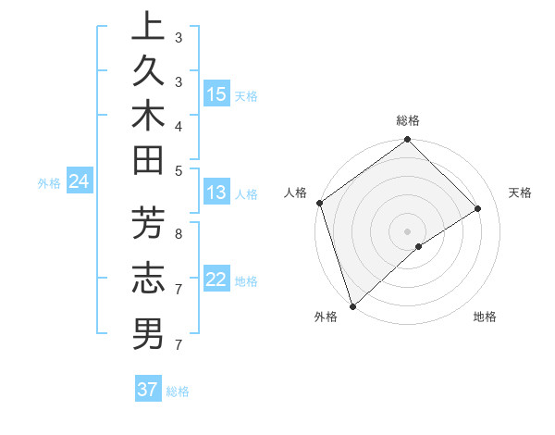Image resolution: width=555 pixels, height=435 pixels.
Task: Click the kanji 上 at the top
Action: pyautogui.click(x=148, y=26)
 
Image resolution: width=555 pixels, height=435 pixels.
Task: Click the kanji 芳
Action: pyautogui.click(x=148, y=226)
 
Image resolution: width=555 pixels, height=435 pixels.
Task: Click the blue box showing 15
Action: pyautogui.click(x=216, y=94)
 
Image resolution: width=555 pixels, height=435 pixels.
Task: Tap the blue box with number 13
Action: pyautogui.click(x=216, y=193)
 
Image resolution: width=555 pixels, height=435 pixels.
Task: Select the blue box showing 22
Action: pyautogui.click(x=216, y=280)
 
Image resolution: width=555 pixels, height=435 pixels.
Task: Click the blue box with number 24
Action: pyautogui.click(x=79, y=181)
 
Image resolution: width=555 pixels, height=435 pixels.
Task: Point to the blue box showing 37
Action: pyautogui.click(x=148, y=390)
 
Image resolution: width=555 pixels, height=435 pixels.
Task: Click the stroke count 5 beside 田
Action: pyautogui.click(x=178, y=169)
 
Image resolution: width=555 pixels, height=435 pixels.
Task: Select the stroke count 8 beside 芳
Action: pyautogui.click(x=178, y=233)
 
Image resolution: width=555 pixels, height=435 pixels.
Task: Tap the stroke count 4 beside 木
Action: pyautogui.click(x=178, y=125)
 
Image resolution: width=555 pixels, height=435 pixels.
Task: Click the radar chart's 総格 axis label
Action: pyautogui.click(x=407, y=120)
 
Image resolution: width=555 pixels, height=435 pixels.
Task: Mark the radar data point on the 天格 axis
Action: pyautogui.click(x=478, y=208)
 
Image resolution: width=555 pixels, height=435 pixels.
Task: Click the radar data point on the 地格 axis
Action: pyautogui.click(x=419, y=246)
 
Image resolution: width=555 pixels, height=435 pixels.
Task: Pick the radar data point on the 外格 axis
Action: pyautogui.click(x=352, y=304)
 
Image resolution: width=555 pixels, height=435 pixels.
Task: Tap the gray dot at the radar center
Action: pyautogui.click(x=407, y=230)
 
